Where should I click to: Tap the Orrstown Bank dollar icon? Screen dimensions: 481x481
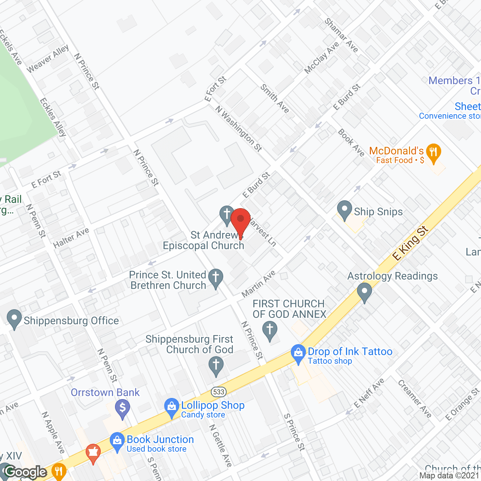click(x=123, y=408)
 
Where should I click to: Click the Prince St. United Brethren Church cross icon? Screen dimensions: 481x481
click(x=216, y=278)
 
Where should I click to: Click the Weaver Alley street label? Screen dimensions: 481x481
click(x=48, y=59)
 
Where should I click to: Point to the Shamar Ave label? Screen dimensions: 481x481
click(x=341, y=35)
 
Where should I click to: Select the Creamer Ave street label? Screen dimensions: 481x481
click(x=414, y=399)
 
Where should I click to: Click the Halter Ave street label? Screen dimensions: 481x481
click(x=71, y=238)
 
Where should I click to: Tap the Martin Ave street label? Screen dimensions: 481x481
click(x=259, y=283)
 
